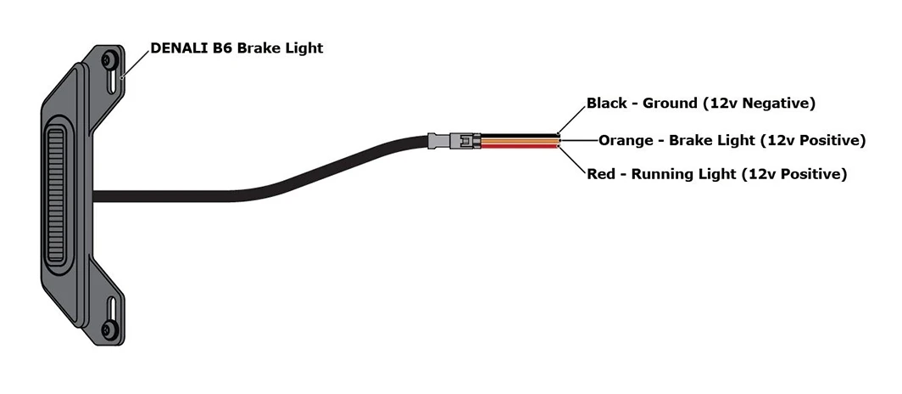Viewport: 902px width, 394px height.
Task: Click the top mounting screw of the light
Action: (109, 59)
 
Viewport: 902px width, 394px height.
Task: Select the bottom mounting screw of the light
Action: (109, 329)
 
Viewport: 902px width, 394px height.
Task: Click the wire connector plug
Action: (454, 141)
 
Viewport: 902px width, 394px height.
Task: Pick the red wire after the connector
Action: (520, 146)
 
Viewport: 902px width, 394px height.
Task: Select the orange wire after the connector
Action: (520, 141)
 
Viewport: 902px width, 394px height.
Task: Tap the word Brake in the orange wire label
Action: (688, 141)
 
